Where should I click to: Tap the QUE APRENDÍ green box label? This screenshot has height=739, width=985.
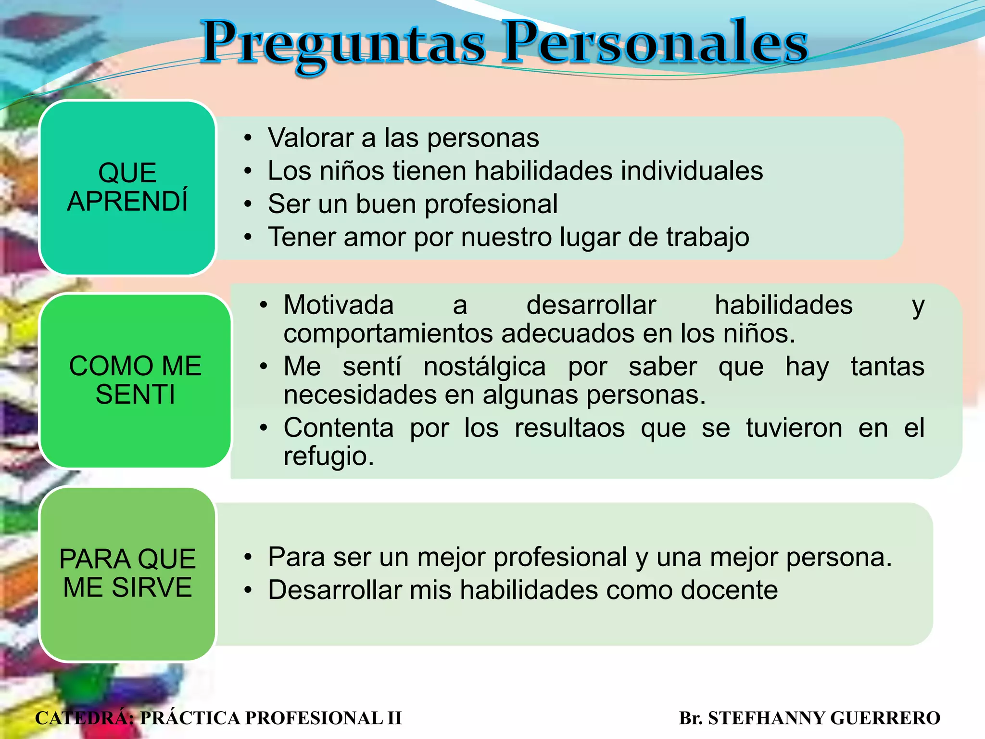(x=127, y=187)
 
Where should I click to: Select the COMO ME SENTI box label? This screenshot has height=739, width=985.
(x=135, y=380)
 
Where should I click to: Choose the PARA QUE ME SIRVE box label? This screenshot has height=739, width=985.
(x=127, y=573)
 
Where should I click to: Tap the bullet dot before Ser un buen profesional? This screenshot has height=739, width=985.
(x=248, y=204)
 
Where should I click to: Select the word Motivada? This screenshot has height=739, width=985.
(x=339, y=305)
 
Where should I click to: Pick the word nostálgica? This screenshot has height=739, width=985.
(x=484, y=367)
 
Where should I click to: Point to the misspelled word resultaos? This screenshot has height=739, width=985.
(x=569, y=428)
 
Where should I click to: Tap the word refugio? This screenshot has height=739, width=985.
(x=328, y=456)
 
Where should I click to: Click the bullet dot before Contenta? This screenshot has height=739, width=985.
(x=264, y=428)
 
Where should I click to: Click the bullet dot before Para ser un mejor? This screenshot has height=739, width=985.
(x=248, y=557)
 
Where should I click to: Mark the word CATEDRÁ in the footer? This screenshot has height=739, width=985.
(x=84, y=718)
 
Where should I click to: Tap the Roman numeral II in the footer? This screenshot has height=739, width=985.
(x=394, y=718)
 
